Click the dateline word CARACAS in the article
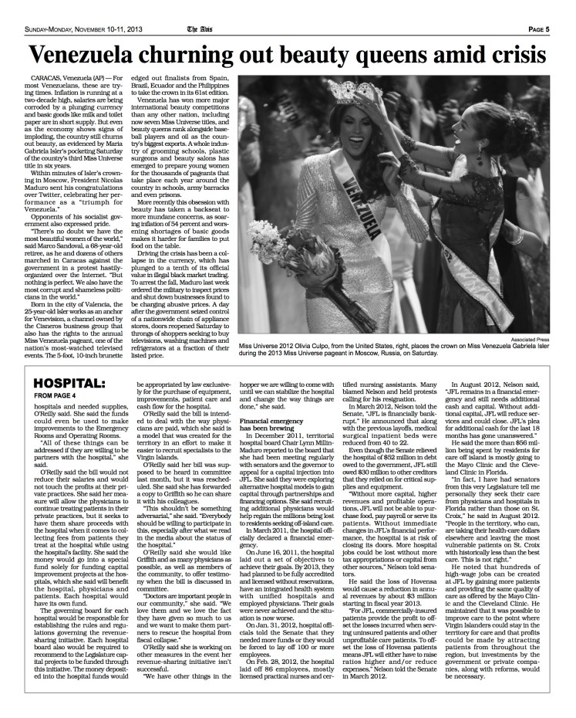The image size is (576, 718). tap(45, 80)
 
